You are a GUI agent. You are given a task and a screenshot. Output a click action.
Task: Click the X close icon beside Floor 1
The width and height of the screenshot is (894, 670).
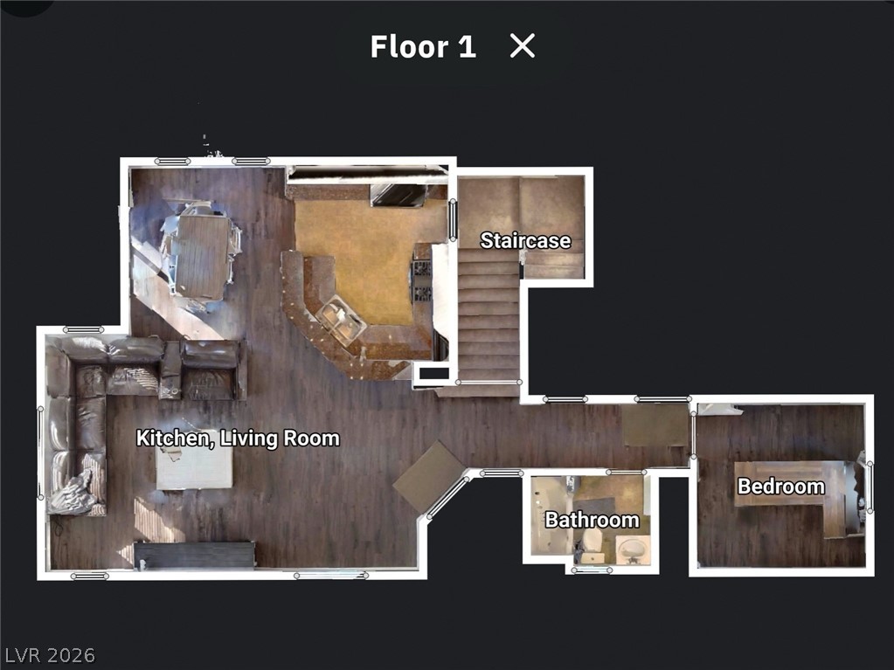pyautogui.click(x=522, y=46)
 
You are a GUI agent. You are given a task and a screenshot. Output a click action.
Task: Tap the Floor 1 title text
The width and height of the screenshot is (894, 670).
pyautogui.click(x=423, y=46)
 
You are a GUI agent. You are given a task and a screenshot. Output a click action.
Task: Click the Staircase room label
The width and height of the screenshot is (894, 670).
pyautogui.click(x=525, y=240)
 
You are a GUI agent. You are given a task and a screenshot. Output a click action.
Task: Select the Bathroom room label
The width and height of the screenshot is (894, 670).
pyautogui.click(x=592, y=521)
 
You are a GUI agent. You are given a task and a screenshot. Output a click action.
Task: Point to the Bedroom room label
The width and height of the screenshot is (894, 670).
pyautogui.click(x=780, y=487)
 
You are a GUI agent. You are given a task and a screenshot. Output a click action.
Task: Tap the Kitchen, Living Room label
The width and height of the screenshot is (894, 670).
pyautogui.click(x=238, y=438)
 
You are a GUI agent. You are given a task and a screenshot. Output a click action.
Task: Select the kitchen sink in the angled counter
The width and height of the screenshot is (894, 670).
pyautogui.click(x=342, y=321)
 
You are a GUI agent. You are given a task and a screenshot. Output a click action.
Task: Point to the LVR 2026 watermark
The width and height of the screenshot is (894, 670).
pyautogui.click(x=49, y=655)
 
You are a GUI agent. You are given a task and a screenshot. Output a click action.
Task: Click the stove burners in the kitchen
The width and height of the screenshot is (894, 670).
pyautogui.click(x=422, y=280)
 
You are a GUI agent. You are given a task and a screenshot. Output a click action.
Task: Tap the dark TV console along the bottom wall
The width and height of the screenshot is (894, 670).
pyautogui.click(x=194, y=555)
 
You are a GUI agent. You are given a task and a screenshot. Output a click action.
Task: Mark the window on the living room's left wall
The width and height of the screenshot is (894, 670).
pyautogui.click(x=40, y=452)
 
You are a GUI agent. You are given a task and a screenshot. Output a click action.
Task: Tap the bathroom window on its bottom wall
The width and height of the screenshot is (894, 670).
pyautogui.click(x=590, y=570)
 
